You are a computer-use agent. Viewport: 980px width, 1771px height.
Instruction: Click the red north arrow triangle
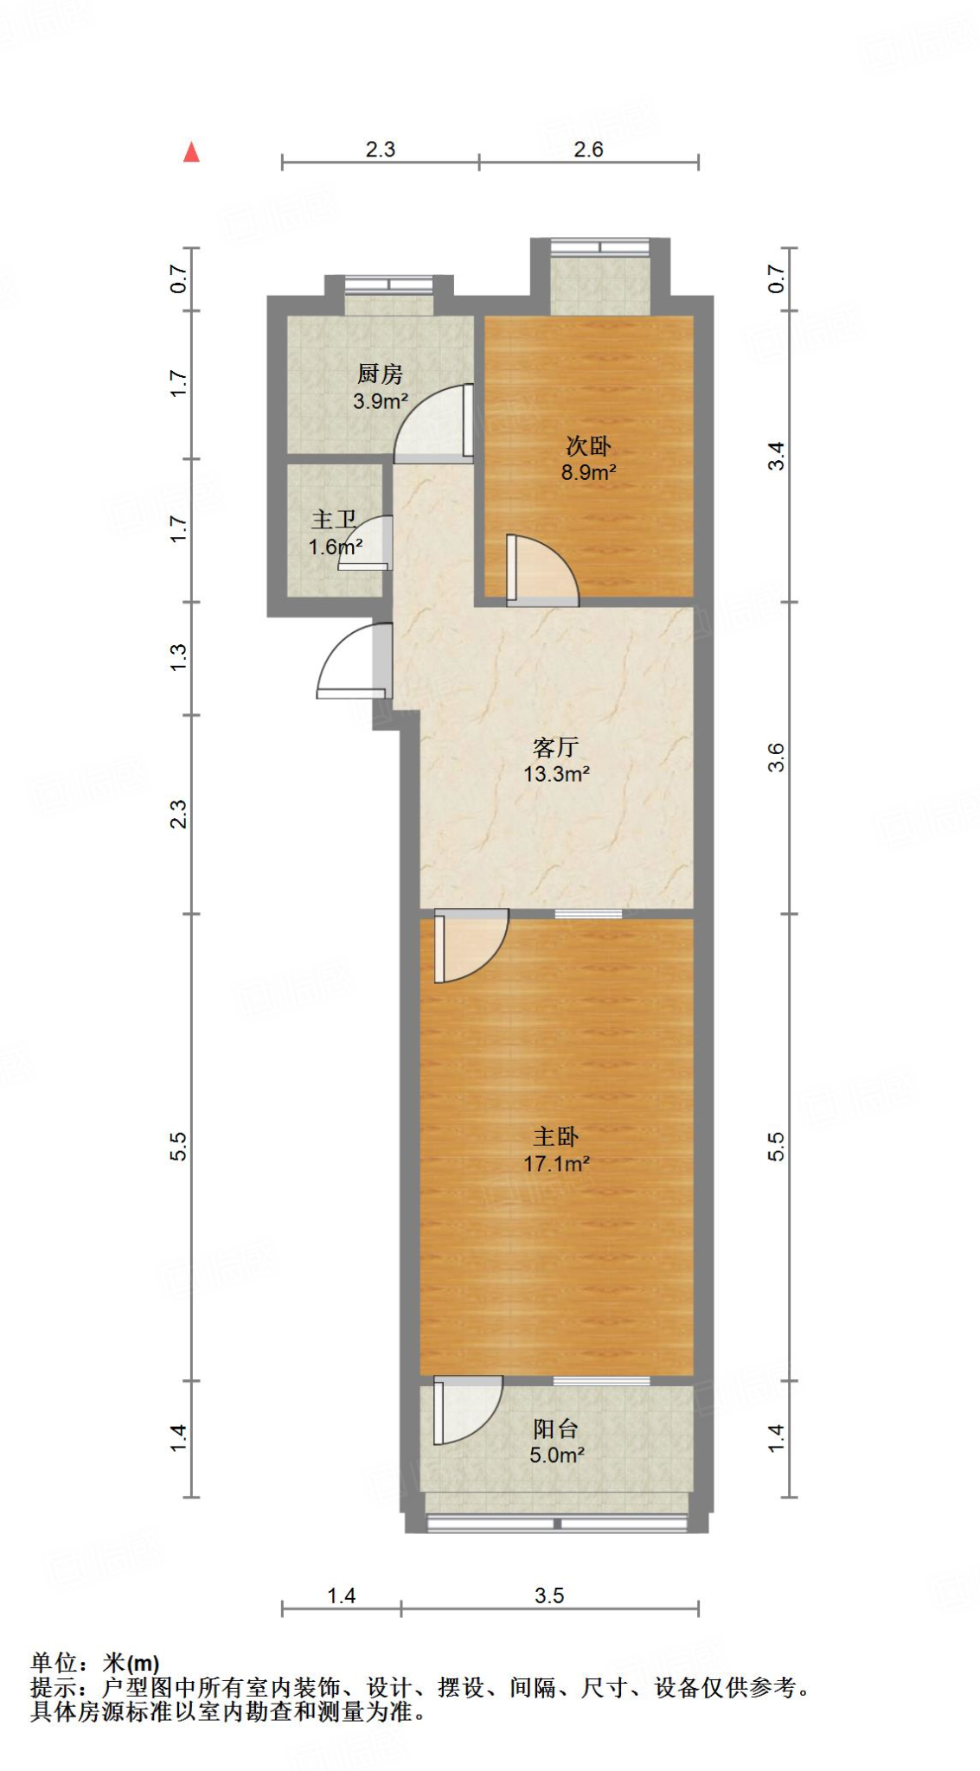191,153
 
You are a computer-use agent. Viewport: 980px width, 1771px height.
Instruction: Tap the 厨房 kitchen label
380,374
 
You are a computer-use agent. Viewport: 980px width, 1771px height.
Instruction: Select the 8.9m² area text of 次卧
588,472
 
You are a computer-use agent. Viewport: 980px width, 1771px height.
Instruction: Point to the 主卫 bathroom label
334,520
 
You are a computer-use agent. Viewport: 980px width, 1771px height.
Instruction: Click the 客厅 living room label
555,747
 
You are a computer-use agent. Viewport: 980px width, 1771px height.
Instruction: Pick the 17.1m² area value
556,1164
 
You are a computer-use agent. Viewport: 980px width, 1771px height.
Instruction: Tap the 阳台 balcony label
555,1429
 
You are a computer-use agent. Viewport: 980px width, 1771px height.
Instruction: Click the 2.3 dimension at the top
380,150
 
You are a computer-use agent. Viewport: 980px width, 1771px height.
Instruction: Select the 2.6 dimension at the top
588,150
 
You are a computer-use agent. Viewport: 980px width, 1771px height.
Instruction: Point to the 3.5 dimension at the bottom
549,1595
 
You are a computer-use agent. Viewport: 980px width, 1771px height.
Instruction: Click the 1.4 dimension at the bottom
341,1595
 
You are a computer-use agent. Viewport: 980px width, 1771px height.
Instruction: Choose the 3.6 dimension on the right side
777,758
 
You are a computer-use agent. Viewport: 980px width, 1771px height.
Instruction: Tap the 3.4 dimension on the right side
777,456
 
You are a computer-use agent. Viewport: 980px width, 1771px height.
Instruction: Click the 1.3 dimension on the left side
177,657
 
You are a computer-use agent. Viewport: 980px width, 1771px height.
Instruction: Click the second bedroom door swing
541,570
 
